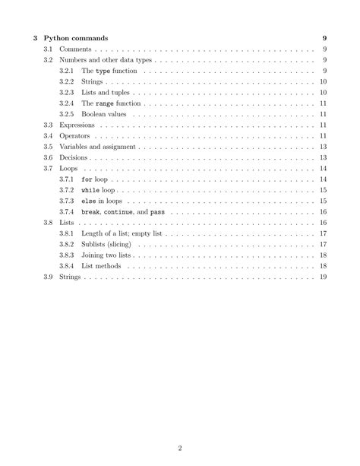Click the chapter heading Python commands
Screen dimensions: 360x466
tap(75, 37)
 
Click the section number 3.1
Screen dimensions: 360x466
tap(48, 49)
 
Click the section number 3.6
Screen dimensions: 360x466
tap(48, 157)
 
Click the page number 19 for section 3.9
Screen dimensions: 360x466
tap(323, 277)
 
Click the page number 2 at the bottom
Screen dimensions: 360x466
tap(180, 448)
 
